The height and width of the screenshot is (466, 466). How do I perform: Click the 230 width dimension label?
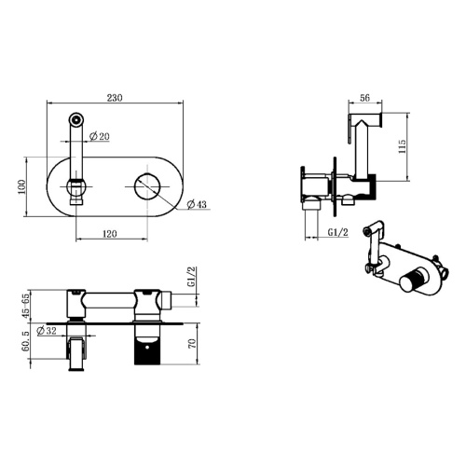click(115, 98)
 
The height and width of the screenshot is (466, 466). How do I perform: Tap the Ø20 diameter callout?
click(100, 136)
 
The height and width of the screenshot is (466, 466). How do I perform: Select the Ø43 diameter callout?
click(197, 204)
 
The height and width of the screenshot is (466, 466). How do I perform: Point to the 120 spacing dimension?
click(109, 234)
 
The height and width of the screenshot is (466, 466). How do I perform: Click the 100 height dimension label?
click(21, 186)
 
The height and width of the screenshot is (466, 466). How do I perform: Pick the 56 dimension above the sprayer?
click(365, 98)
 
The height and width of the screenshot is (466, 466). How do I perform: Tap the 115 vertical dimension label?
click(402, 146)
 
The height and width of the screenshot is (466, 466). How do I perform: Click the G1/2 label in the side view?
click(338, 232)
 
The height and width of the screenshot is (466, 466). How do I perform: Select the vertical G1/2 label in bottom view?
click(192, 277)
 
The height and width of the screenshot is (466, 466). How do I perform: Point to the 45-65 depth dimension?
click(26, 306)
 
